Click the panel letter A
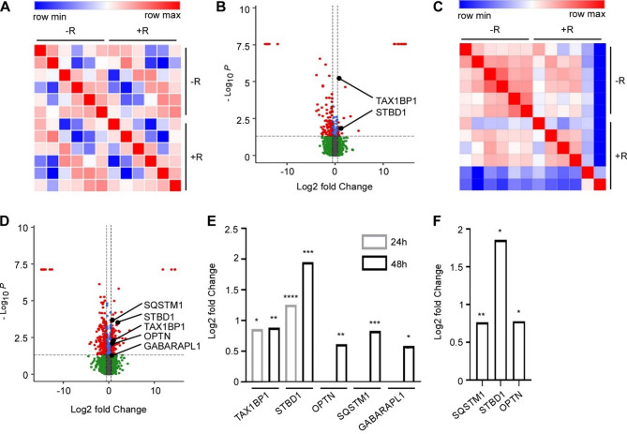(x=7, y=9)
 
